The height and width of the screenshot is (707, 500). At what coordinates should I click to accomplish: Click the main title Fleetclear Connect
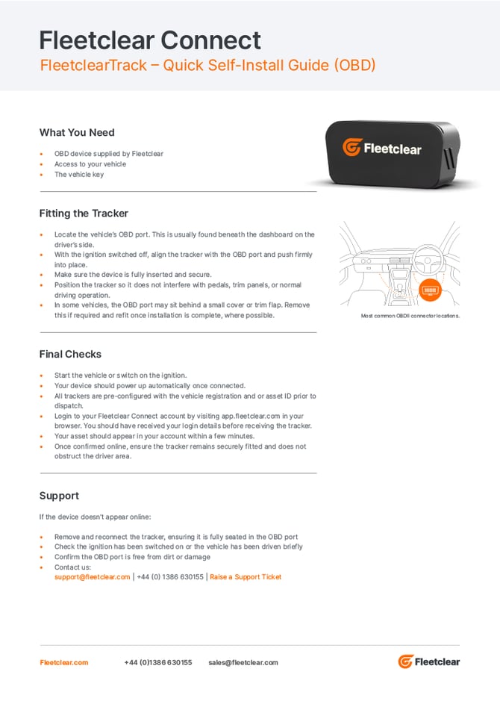(150, 40)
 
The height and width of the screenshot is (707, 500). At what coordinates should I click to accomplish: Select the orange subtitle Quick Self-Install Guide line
(207, 66)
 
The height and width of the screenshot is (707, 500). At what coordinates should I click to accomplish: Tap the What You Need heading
(77, 133)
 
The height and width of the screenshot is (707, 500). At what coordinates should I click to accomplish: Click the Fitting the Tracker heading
(84, 214)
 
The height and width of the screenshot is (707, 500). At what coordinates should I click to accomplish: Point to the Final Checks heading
(70, 355)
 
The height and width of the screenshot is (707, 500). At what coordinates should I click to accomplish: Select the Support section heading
(59, 496)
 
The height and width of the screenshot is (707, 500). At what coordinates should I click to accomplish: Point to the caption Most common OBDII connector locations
(410, 316)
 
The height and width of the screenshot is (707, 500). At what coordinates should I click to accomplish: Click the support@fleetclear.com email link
(93, 577)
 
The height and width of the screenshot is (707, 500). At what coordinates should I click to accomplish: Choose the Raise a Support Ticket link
(246, 577)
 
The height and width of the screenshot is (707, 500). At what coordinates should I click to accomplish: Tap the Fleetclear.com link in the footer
(64, 662)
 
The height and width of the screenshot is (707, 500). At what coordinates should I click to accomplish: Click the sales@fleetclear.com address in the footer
(243, 662)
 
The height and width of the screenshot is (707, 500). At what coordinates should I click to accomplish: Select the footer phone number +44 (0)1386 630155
(157, 662)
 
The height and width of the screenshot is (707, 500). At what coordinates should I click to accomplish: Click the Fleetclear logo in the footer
(428, 661)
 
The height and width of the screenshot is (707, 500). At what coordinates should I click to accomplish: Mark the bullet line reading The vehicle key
(79, 175)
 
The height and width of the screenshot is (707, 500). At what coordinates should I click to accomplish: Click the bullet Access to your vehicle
(90, 164)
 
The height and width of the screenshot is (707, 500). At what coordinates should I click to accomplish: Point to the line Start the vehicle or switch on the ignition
(120, 376)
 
